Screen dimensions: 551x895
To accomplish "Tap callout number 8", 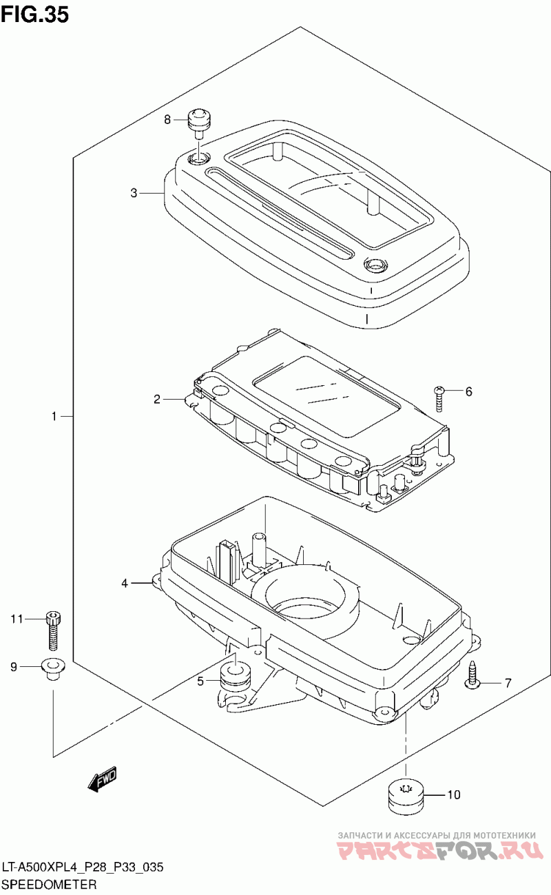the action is [167, 119].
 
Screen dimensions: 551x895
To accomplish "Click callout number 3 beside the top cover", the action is [134, 193].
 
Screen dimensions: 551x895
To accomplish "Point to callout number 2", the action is [157, 399].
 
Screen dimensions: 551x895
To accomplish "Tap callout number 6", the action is [469, 391].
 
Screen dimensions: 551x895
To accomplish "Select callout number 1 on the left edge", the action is [54, 417].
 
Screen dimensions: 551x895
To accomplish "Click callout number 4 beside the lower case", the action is [125, 584].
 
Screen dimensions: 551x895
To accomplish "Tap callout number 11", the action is [17, 619].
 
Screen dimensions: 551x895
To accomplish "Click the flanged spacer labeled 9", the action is [53, 668].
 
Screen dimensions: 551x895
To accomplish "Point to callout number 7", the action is [508, 683].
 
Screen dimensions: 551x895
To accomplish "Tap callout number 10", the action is [454, 794].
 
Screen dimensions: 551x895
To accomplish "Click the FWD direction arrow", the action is [102, 778].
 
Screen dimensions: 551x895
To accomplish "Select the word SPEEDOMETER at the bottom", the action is [49, 884].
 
